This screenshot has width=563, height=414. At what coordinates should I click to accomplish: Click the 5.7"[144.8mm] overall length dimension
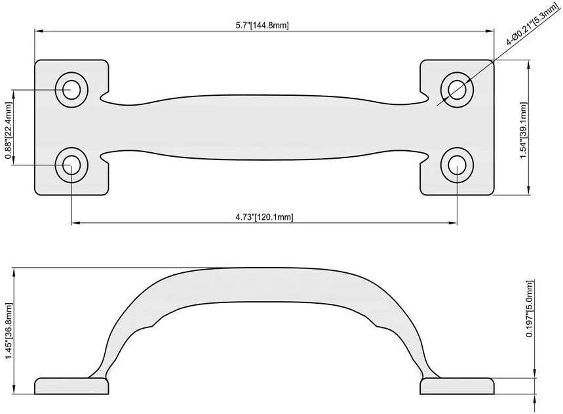tap(263, 26)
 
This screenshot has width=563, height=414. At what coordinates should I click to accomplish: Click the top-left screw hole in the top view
tap(71, 88)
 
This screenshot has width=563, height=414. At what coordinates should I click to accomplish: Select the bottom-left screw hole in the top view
tap(71, 165)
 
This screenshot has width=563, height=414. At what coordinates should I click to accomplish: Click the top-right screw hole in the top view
tap(457, 88)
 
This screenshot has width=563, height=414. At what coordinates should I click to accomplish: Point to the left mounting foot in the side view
tap(71, 385)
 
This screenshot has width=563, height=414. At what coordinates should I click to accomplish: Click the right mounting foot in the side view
tap(457, 385)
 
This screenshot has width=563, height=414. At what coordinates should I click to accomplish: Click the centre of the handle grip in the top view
tap(264, 127)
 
